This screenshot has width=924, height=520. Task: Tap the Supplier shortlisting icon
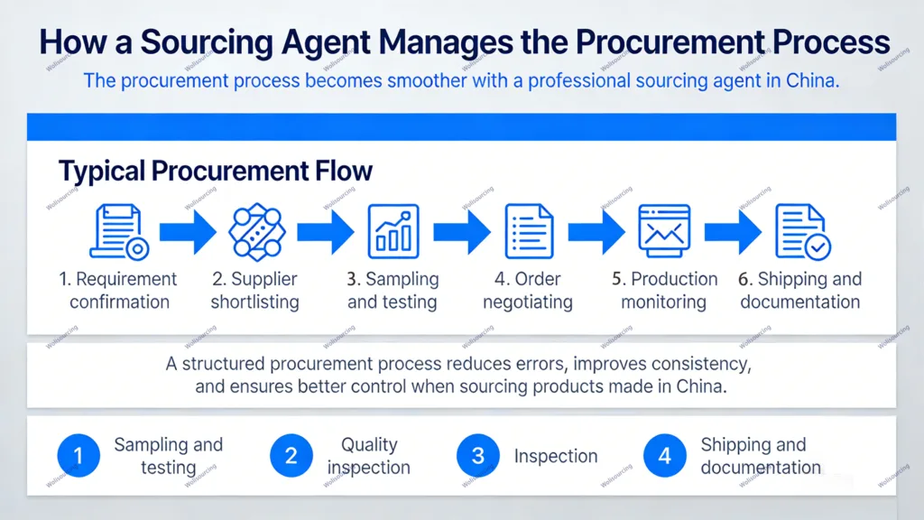click(x=256, y=232)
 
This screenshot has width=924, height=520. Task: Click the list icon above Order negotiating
click(x=529, y=232)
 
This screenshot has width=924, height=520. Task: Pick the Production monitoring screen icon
click(x=664, y=232)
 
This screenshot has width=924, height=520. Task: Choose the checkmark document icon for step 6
click(x=802, y=232)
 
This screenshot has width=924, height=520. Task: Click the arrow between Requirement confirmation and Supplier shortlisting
click(x=187, y=232)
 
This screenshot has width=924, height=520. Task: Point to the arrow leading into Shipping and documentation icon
click(x=733, y=232)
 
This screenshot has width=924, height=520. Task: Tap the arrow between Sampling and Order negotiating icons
click(x=461, y=232)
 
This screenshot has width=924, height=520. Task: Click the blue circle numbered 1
click(x=79, y=456)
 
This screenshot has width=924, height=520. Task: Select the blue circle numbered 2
click(x=291, y=456)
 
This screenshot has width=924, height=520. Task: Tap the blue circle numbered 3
click(x=478, y=456)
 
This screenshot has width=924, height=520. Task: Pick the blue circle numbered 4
click(x=665, y=456)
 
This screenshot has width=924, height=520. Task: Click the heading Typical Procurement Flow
click(x=216, y=171)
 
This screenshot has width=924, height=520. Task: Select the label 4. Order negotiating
click(x=528, y=290)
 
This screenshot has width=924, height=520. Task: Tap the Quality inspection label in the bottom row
click(x=368, y=456)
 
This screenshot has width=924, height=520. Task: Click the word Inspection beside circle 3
click(x=556, y=456)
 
